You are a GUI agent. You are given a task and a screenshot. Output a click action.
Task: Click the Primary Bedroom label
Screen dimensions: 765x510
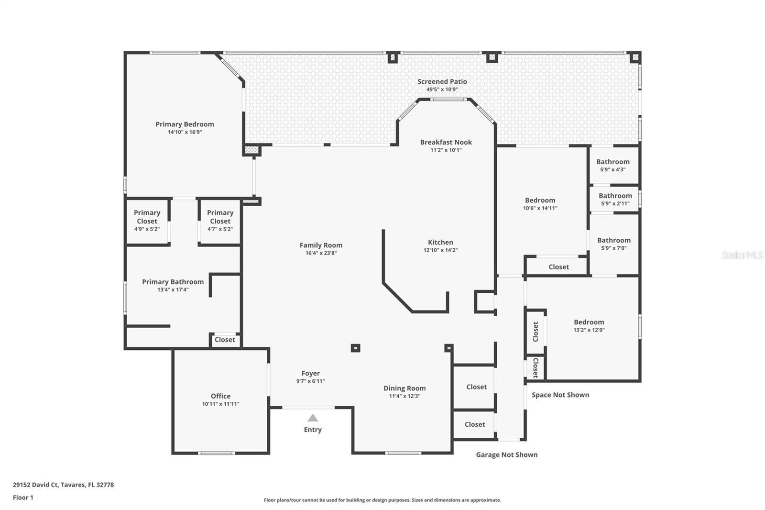tap(185, 124)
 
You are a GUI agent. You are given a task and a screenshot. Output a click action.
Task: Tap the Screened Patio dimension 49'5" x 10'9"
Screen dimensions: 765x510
tap(442, 89)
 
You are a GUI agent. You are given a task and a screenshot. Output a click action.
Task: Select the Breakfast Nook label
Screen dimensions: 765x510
tap(446, 142)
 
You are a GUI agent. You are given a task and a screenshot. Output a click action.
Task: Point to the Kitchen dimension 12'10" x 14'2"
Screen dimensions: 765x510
tap(440, 250)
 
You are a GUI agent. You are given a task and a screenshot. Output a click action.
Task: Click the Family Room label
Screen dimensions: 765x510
tap(321, 245)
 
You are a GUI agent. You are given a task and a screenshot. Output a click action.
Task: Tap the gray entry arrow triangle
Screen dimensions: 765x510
tap(313, 418)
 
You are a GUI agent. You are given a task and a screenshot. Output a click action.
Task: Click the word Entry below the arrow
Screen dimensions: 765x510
tap(313, 430)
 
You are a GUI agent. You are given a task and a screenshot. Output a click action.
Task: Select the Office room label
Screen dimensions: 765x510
tap(220, 396)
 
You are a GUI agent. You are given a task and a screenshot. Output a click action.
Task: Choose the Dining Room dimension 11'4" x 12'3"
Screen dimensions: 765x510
tap(404, 396)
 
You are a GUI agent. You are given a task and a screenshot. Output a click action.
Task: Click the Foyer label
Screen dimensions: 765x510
tap(310, 373)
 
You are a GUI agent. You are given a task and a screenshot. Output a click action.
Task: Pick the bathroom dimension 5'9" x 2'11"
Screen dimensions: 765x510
tap(615, 204)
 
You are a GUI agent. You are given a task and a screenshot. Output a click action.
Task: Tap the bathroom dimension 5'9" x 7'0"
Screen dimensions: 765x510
tap(614, 248)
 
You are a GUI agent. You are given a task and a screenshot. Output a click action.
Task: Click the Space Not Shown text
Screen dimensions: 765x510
tap(560, 395)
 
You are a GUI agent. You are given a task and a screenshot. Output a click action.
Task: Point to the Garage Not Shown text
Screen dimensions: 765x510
tap(507, 455)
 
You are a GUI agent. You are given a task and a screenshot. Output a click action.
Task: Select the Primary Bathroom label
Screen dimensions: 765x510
tap(173, 282)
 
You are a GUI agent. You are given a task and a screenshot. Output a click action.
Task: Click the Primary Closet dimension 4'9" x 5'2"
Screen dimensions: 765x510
tap(147, 229)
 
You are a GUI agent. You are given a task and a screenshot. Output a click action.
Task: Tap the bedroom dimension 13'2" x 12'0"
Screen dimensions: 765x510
tap(589, 330)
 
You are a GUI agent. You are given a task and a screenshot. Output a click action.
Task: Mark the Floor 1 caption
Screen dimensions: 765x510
tap(23, 498)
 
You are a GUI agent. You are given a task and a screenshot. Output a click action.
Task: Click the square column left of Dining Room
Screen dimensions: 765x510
tap(356, 348)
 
